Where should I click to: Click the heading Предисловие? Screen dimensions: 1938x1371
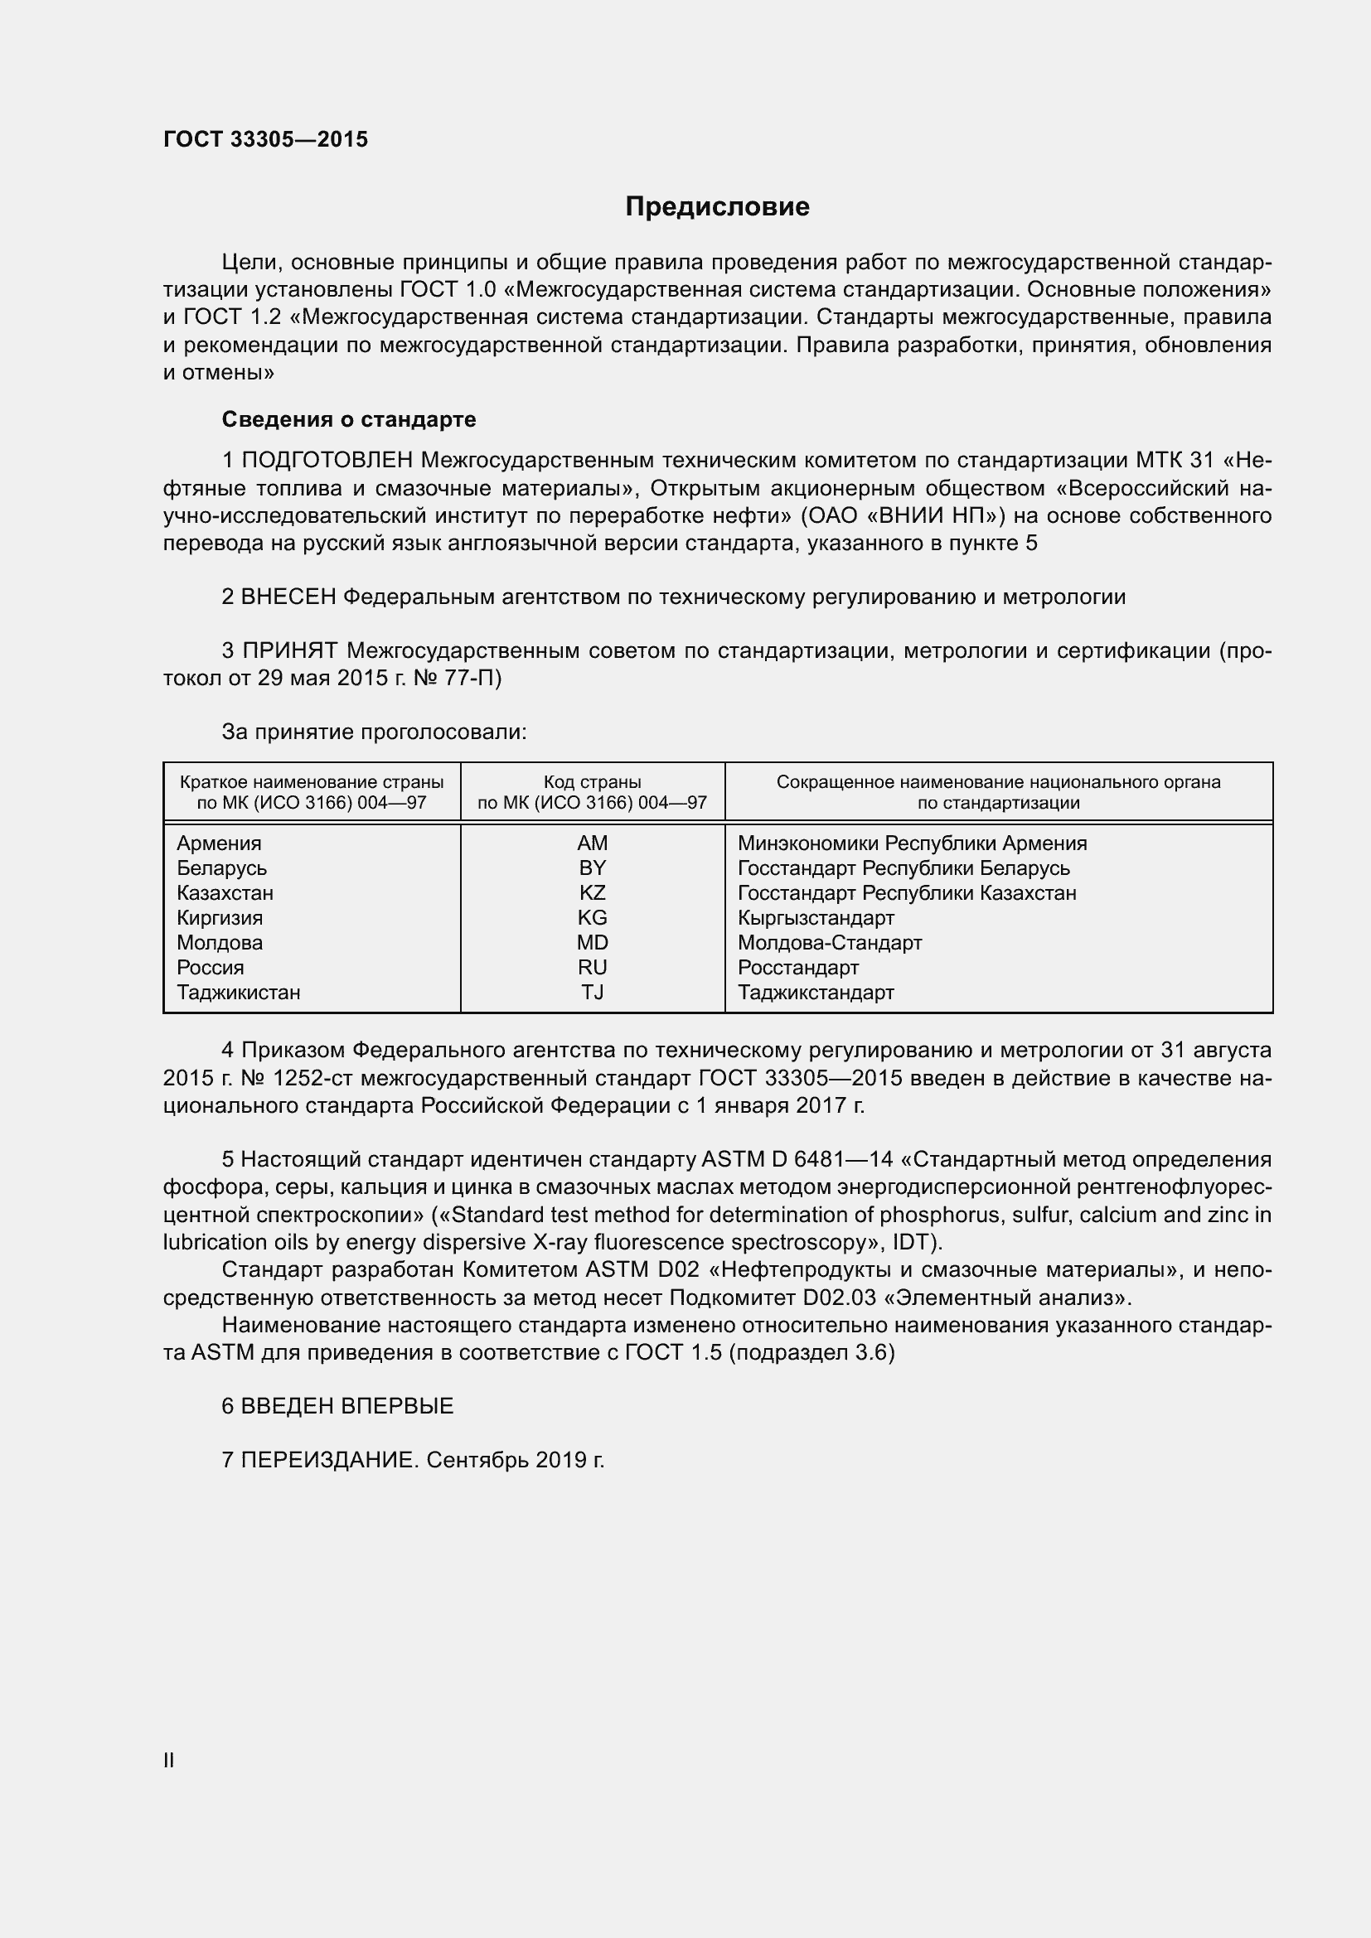point(717,207)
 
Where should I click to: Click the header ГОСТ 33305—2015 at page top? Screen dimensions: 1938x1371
point(265,140)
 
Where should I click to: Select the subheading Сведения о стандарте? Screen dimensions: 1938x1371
point(349,419)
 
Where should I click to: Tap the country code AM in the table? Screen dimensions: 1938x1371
point(592,843)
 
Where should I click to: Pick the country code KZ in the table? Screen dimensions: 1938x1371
point(592,893)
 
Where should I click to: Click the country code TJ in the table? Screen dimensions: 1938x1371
point(592,993)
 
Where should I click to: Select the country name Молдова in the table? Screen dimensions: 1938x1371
point(220,943)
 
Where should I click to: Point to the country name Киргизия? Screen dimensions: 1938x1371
point(220,917)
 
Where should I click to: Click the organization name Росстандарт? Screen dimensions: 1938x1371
point(797,967)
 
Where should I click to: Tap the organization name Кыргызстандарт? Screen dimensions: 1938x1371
point(816,917)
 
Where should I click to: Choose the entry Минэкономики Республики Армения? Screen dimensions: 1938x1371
point(912,843)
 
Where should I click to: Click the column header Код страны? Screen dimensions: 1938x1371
point(592,782)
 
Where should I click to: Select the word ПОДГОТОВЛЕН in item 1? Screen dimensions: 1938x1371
point(327,461)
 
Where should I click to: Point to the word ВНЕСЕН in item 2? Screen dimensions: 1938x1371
point(288,597)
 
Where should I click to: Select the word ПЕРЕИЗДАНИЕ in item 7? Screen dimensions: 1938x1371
point(329,1460)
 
